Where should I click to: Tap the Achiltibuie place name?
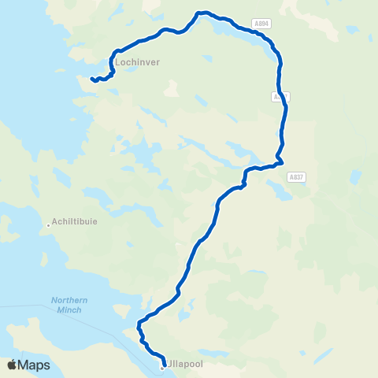click(x=74, y=221)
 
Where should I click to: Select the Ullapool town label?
click(x=183, y=367)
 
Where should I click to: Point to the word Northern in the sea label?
click(x=69, y=299)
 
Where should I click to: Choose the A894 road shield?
click(x=262, y=24)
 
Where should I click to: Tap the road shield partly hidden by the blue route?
click(x=280, y=96)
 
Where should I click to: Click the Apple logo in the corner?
click(x=12, y=365)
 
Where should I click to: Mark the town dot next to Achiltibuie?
click(x=48, y=225)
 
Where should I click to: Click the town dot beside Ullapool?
click(x=162, y=368)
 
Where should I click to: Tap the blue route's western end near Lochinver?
click(x=92, y=79)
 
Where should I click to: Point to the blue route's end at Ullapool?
click(x=161, y=363)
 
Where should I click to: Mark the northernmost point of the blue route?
click(x=202, y=13)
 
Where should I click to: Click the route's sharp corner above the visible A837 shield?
click(x=280, y=162)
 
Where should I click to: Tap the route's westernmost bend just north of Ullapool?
click(x=139, y=324)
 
